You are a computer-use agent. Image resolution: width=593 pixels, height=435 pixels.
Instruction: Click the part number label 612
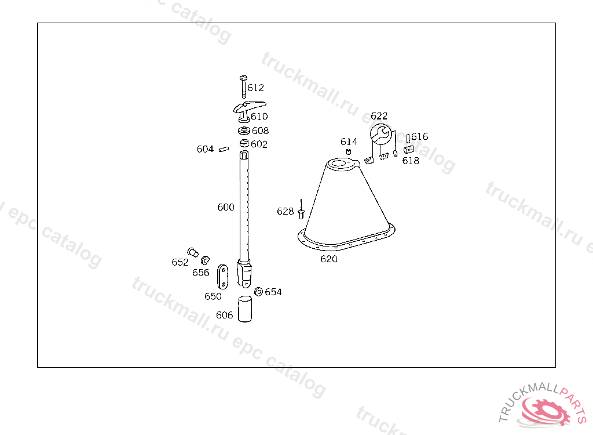click(x=255, y=88)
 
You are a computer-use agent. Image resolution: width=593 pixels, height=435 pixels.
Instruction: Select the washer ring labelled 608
click(x=244, y=130)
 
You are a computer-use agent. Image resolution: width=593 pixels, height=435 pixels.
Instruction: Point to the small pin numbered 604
click(x=224, y=149)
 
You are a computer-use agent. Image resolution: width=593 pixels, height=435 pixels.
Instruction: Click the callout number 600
click(x=226, y=207)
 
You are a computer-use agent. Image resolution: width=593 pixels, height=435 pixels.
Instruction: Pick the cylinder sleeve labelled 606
click(x=245, y=309)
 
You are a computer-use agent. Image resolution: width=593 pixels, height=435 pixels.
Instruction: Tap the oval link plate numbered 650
click(x=223, y=277)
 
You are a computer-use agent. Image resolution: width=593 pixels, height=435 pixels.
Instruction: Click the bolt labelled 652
click(x=193, y=252)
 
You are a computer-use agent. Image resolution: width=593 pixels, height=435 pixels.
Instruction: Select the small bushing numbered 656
click(x=206, y=260)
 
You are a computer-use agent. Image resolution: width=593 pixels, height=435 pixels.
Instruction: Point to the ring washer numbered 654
click(x=259, y=292)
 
